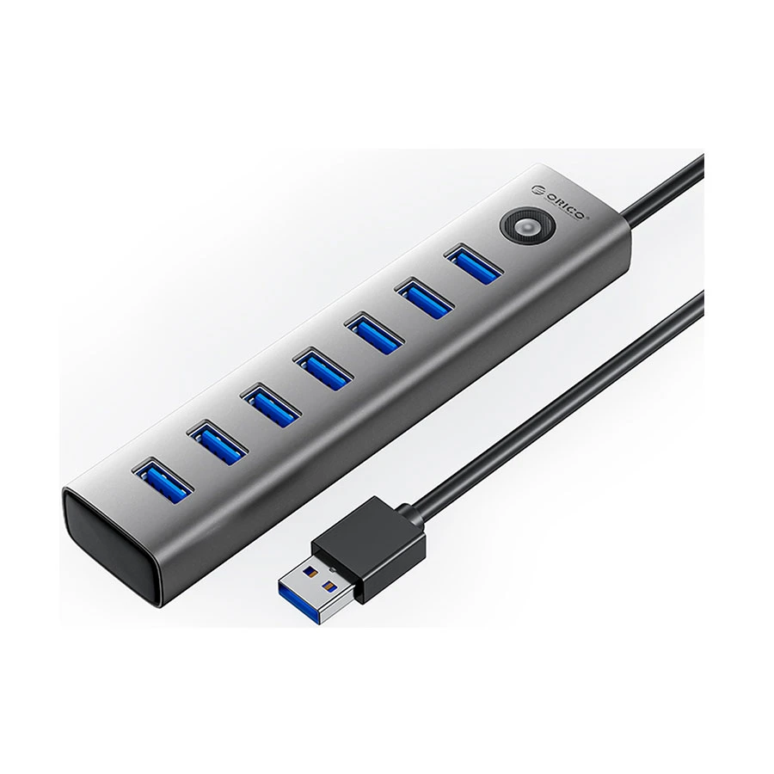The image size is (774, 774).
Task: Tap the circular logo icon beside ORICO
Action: point(537,191)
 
